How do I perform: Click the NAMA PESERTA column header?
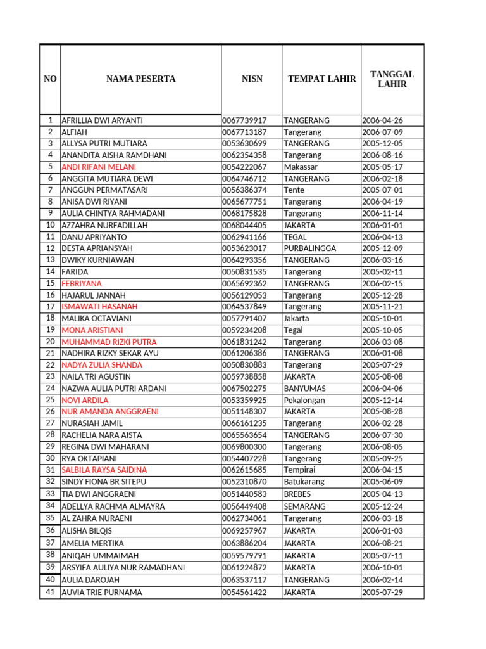140,79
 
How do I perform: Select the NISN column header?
252,79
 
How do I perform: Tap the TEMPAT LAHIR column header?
321,79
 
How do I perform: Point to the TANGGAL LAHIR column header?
392,79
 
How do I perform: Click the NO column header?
50,79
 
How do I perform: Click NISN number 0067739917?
244,120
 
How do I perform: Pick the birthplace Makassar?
301,167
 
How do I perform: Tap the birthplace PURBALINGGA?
309,248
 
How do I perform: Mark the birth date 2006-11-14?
382,214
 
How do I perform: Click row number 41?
50,593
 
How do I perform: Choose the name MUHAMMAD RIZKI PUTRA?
109,342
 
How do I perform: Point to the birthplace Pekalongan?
304,400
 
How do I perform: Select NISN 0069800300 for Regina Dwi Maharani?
244,447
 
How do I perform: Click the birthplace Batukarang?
304,482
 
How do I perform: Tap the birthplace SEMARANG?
304,506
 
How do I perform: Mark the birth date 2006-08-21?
382,543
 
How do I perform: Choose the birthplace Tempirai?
299,470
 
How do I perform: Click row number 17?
50,307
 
